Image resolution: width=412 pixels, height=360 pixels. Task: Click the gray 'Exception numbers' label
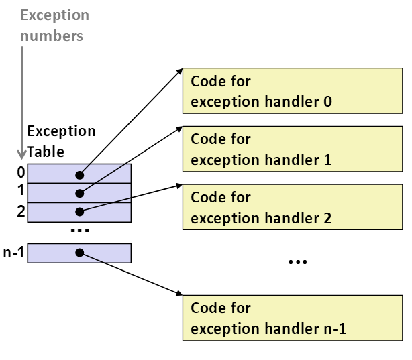pos(54,25)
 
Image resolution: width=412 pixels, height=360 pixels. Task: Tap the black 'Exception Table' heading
pos(61,141)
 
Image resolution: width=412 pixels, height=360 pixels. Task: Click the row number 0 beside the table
pos(21,172)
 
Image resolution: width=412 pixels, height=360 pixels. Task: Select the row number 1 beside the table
pos(21,190)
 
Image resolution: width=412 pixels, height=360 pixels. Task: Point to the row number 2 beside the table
pos(21,211)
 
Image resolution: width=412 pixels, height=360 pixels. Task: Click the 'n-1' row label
pos(13,253)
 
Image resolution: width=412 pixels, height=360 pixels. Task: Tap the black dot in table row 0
pos(80,175)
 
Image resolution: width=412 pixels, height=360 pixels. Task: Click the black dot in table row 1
pos(80,194)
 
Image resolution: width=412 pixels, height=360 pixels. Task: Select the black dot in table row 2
pos(80,212)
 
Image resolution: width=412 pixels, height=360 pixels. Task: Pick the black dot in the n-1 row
pos(80,253)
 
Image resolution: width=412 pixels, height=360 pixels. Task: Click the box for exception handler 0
pos(293,91)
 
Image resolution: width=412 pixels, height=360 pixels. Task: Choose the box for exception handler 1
pos(293,149)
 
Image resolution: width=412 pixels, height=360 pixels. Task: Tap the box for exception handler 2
pos(293,207)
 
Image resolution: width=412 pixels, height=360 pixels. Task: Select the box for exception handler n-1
pos(293,318)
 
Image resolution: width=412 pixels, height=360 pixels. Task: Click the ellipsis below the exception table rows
pos(80,231)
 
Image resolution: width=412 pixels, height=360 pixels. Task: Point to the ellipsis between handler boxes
pos(298,262)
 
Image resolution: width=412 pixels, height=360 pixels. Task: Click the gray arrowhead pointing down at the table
pos(22,155)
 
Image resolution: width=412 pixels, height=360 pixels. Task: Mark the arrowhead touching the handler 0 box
pos(179,72)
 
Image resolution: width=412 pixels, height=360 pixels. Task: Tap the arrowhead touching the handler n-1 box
pos(179,293)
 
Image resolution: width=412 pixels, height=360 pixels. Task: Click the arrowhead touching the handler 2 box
pos(179,186)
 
